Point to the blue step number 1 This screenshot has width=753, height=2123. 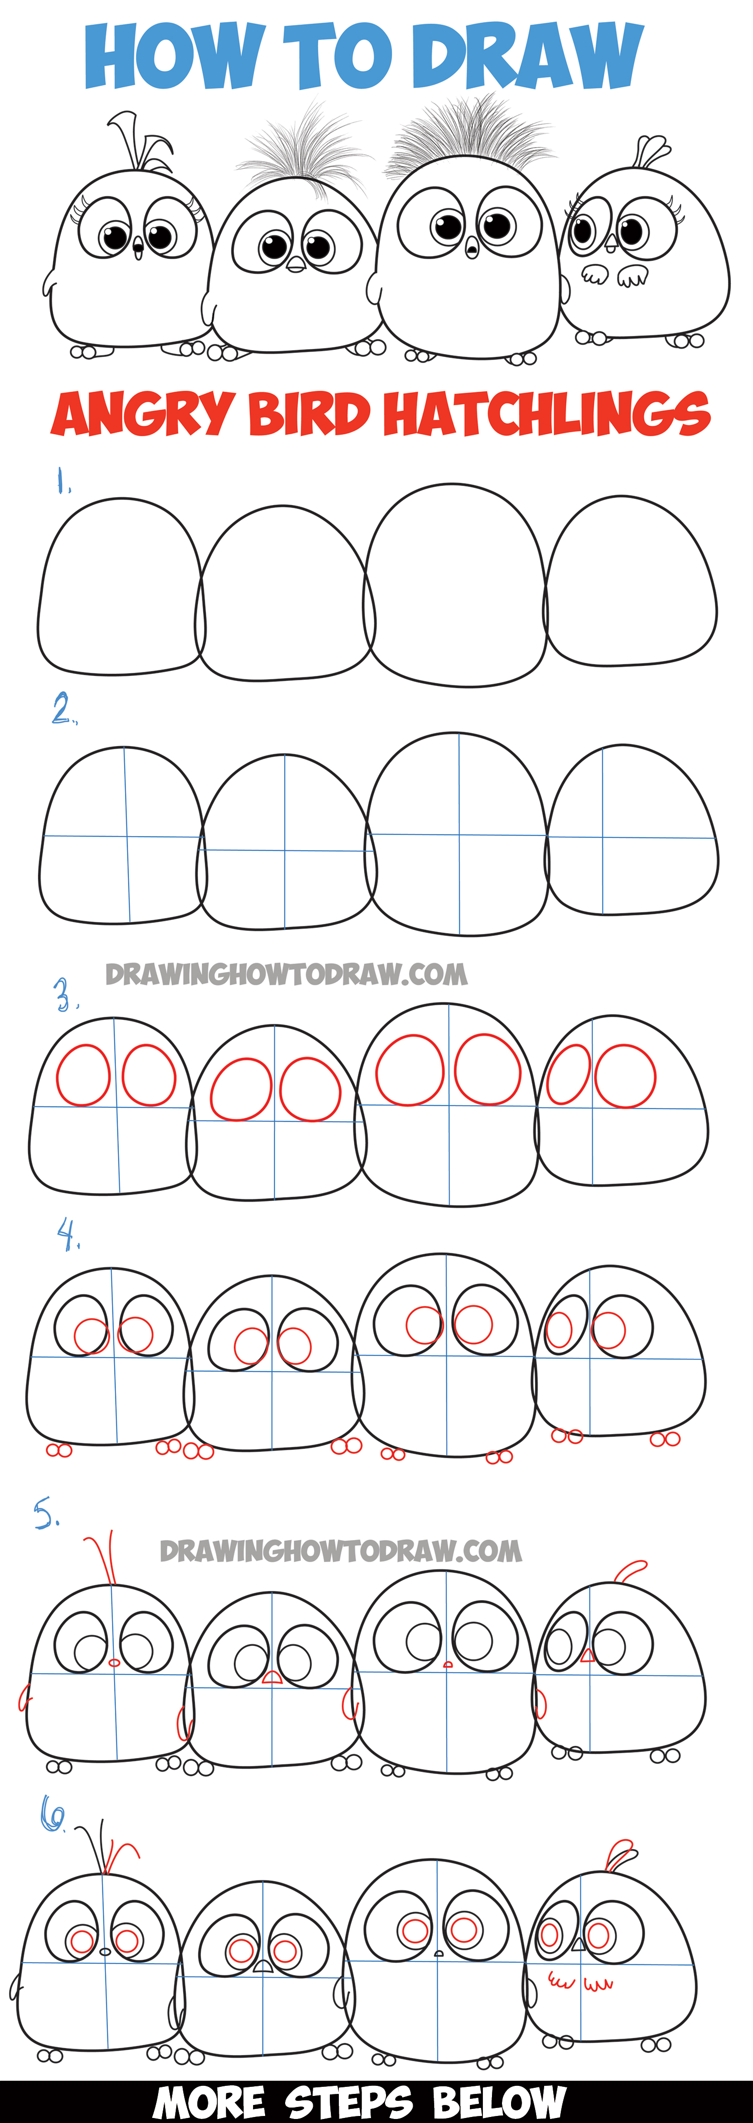click(62, 481)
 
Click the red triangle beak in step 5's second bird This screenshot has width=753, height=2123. click(272, 1676)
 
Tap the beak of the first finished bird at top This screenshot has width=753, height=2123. click(138, 245)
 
